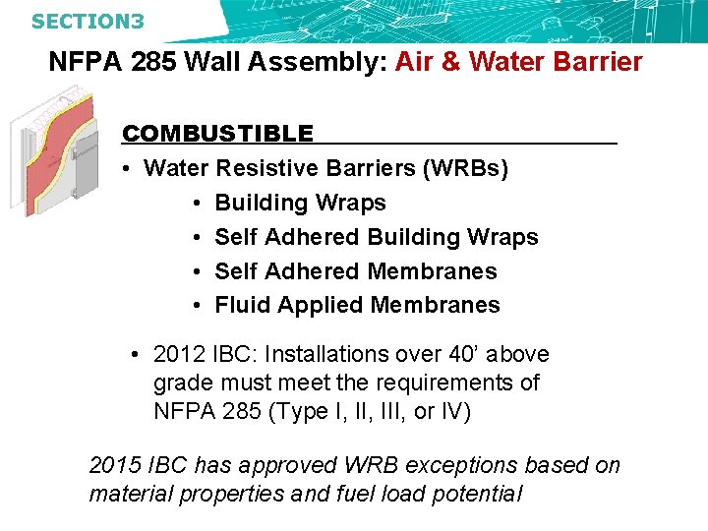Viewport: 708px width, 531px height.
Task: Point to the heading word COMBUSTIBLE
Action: [217, 134]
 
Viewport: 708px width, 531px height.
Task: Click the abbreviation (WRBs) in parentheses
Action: [465, 168]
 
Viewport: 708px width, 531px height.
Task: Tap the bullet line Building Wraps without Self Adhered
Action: [300, 203]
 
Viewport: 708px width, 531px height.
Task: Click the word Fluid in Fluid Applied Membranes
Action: [242, 305]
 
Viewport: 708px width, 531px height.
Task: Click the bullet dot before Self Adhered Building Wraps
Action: [198, 237]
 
